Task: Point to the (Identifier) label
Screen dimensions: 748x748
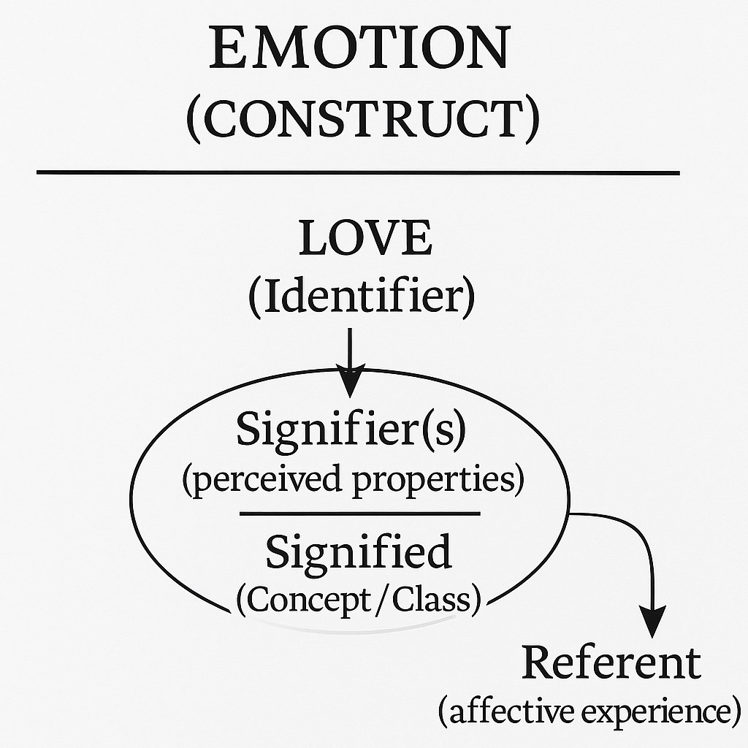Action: point(361,297)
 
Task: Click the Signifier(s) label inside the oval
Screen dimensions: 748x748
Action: point(350,431)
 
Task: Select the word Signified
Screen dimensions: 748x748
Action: point(358,552)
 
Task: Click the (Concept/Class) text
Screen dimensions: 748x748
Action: point(358,599)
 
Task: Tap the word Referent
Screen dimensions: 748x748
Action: point(611,663)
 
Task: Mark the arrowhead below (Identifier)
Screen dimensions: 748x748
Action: point(351,383)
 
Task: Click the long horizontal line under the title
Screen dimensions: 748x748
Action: point(358,173)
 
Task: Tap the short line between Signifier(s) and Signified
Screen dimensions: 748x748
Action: point(359,514)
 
